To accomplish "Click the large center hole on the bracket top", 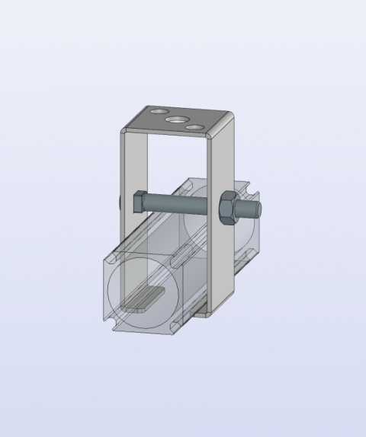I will coord(178,119).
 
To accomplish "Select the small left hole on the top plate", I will coord(158,112).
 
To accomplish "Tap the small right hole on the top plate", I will coord(198,127).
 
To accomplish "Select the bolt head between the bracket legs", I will coord(139,203).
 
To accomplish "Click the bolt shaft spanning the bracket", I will coord(179,204).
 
